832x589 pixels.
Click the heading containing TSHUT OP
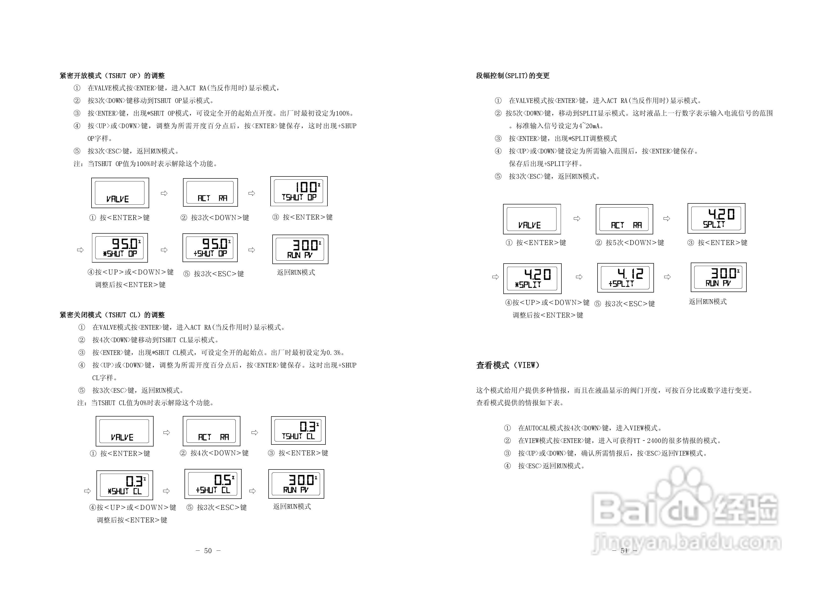(x=112, y=75)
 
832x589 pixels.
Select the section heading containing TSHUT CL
(x=112, y=315)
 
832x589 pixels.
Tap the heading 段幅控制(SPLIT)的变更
(x=512, y=75)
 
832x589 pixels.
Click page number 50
(x=208, y=551)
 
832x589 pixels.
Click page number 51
(x=624, y=551)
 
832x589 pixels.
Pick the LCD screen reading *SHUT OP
(x=120, y=248)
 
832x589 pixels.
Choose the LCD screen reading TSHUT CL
(x=298, y=431)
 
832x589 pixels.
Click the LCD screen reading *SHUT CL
(x=125, y=485)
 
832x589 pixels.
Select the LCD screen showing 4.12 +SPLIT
(x=625, y=278)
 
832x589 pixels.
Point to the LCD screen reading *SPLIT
(x=532, y=279)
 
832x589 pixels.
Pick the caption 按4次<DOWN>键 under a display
(x=219, y=453)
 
